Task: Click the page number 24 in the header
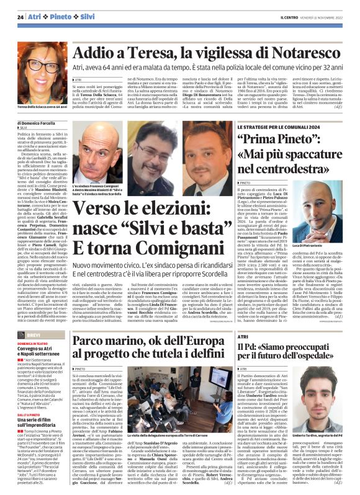20,18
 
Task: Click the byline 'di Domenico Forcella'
37,124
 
